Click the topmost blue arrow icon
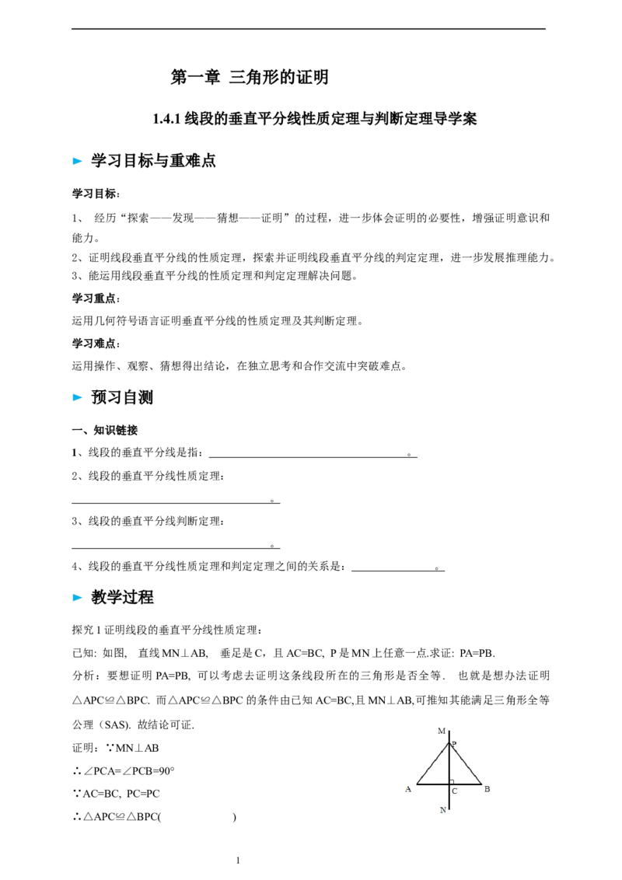click(77, 162)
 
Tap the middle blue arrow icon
click(77, 398)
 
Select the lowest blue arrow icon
click(77, 597)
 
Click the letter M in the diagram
click(441, 731)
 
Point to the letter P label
click(454, 745)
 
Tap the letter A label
click(408, 789)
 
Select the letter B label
click(487, 789)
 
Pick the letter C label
click(454, 791)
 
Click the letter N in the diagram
click(442, 810)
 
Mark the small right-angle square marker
click(452, 781)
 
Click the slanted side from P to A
click(432, 763)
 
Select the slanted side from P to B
click(466, 763)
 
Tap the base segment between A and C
click(432, 784)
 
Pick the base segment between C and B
click(466, 784)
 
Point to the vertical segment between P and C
click(449, 763)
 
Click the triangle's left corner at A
click(417, 784)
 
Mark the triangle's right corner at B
click(481, 784)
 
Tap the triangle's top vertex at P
click(449, 742)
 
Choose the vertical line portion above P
click(449, 735)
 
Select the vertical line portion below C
click(449, 798)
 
